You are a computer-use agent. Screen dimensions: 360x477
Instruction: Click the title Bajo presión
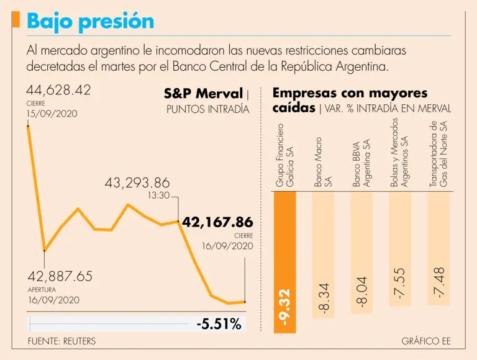[91, 21]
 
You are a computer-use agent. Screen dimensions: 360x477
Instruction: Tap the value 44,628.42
[58, 90]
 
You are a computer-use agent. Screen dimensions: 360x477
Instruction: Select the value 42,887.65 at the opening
[60, 276]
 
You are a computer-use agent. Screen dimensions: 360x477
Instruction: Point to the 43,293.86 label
[137, 183]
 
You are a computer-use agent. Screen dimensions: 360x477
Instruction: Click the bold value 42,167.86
[217, 222]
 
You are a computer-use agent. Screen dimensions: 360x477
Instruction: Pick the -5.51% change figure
[219, 323]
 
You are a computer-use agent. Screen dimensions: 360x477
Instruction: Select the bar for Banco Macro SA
[324, 254]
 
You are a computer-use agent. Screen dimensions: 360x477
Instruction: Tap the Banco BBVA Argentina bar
[361, 252]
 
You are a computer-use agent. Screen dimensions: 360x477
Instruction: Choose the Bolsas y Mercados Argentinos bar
[400, 248]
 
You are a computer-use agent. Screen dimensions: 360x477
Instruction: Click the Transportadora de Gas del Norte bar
[438, 248]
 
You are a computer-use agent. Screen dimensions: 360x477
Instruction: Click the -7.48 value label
[439, 283]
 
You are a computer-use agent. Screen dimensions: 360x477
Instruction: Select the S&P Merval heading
[203, 94]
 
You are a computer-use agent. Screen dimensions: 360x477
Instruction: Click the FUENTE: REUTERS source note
[62, 341]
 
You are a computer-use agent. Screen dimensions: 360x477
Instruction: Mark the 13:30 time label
[158, 196]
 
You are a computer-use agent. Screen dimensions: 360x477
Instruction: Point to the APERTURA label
[42, 289]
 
